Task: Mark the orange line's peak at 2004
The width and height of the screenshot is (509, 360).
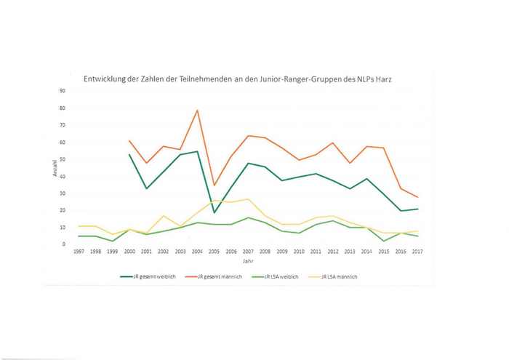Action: (196, 111)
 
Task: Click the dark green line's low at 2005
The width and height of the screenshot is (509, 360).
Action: (214, 212)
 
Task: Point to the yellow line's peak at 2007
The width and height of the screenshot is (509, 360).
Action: (247, 199)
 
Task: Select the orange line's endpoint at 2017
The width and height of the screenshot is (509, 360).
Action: (417, 197)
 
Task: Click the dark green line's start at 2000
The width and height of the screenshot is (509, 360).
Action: (129, 154)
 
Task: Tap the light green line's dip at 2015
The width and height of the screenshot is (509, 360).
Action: (383, 241)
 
